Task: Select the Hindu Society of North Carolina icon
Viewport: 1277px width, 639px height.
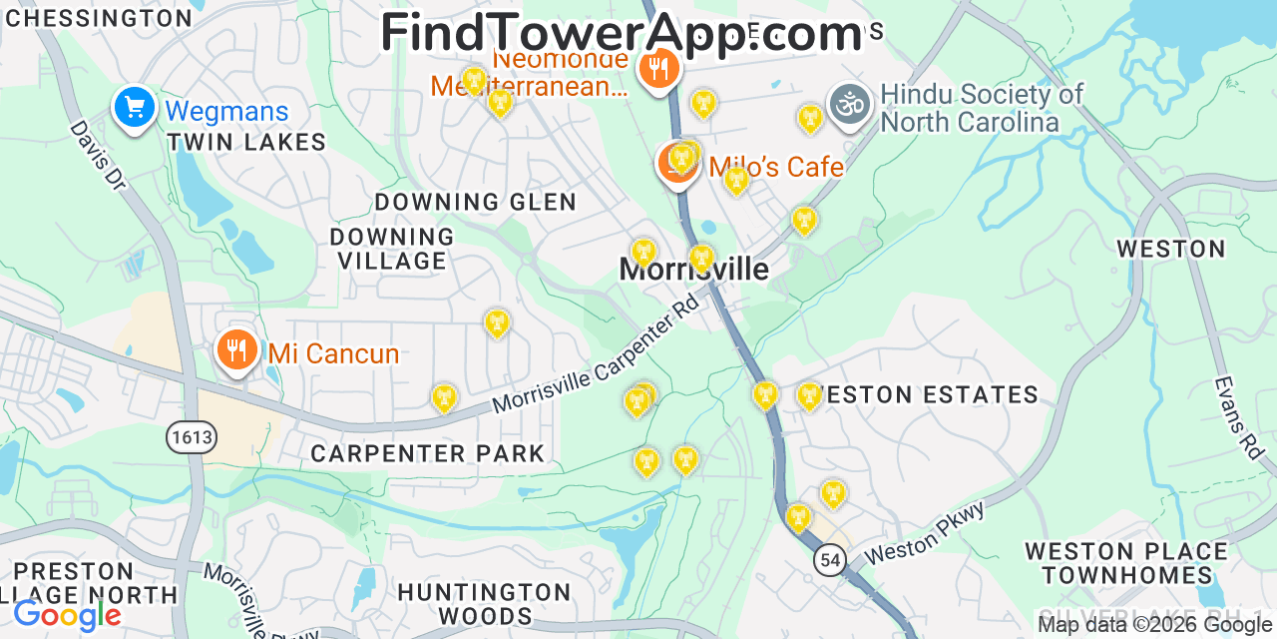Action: [849, 105]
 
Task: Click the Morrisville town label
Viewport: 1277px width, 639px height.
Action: [694, 270]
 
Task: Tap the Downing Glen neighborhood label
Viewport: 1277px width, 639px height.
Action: [475, 202]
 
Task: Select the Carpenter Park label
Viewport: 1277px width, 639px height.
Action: [428, 453]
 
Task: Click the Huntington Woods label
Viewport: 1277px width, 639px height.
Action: [485, 603]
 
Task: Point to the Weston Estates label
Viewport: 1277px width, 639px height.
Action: [922, 395]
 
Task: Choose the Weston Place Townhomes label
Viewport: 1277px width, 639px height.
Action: [1126, 563]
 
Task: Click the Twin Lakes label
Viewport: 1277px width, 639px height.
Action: [246, 142]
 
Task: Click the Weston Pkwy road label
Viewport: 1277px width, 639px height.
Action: [925, 532]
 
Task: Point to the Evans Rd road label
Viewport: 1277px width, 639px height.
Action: [1238, 417]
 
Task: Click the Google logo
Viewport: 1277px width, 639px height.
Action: [67, 614]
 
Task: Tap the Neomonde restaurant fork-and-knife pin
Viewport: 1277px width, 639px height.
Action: [657, 69]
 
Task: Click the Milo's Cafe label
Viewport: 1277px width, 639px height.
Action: [776, 167]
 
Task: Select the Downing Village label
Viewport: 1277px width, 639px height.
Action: [392, 249]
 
